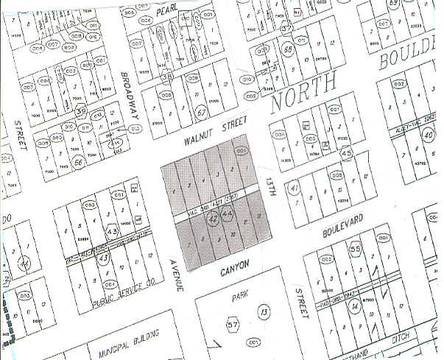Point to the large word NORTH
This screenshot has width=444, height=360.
coord(303,93)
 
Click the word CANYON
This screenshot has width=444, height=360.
coord(236,266)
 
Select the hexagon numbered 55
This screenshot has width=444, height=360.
coord(354,249)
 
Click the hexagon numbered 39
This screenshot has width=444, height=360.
coord(81,110)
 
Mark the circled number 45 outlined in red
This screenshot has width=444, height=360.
coord(348,152)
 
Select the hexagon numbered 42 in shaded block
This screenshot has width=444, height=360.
coord(214,218)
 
